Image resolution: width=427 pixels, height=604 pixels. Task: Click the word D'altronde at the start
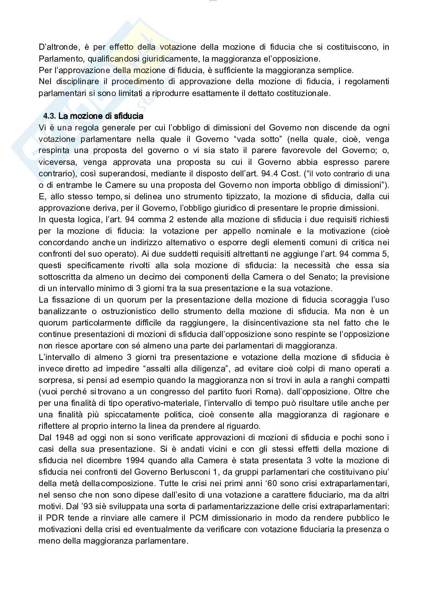pos(54,47)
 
